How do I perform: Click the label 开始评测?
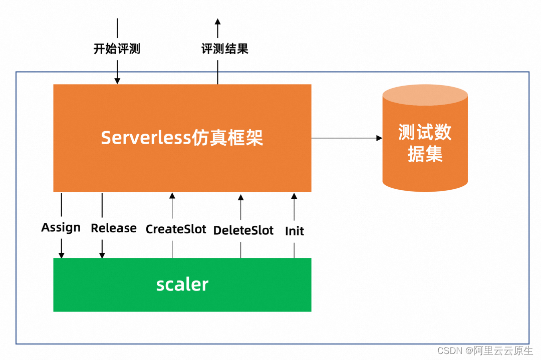[117, 49]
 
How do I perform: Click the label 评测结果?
[225, 49]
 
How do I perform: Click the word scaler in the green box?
[182, 284]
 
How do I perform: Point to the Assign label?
[61, 228]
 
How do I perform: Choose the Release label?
[114, 228]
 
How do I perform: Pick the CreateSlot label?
[176, 229]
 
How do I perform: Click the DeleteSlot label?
[243, 230]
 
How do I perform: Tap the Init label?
[295, 231]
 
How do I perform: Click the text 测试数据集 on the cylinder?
[425, 143]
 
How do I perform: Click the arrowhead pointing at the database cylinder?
[379, 138]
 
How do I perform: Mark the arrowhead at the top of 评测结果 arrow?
[217, 22]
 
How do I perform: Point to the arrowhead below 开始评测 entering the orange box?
[117, 81]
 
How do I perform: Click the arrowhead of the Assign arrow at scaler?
[62, 255]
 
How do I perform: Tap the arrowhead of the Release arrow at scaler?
[102, 255]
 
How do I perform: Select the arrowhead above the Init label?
[294, 196]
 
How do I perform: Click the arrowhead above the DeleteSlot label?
[240, 197]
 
